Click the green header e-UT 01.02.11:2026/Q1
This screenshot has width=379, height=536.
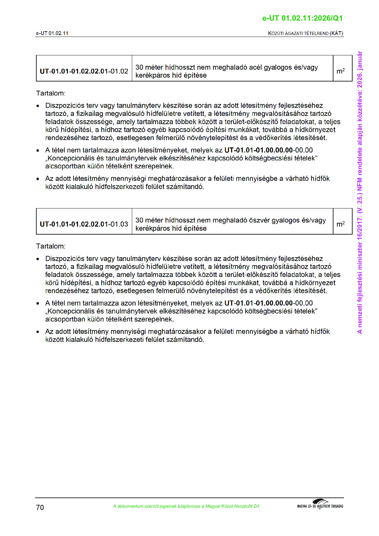[x=302, y=18]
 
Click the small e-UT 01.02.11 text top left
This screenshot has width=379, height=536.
[x=52, y=33]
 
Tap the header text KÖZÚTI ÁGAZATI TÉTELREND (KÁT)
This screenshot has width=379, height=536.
[x=305, y=33]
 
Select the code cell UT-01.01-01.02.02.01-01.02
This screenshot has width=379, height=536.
[x=84, y=71]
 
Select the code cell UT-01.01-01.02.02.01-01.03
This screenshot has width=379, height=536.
[x=84, y=224]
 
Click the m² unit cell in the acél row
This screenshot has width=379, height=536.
[x=340, y=71]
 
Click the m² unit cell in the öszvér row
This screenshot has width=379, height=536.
[x=340, y=224]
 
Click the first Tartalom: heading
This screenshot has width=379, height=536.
[x=51, y=93]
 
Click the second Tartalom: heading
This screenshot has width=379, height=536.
[x=51, y=246]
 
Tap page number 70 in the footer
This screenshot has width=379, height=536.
[x=40, y=507]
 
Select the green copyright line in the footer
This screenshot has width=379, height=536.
[x=186, y=506]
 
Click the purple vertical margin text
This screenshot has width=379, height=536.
[x=360, y=192]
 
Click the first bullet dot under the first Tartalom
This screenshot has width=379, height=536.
[x=38, y=106]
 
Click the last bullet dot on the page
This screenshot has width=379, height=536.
[x=38, y=332]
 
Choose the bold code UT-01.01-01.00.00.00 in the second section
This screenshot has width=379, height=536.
[x=258, y=303]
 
